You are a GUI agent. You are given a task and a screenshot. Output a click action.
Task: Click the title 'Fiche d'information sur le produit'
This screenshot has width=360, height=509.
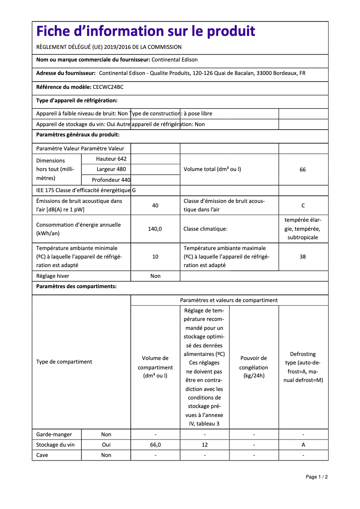(146, 31)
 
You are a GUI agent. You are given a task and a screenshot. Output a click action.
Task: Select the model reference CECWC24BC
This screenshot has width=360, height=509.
(108, 87)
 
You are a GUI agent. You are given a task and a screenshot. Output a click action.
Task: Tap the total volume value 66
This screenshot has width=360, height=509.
(303, 170)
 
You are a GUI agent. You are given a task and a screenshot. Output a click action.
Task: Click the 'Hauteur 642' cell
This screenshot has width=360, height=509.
(111, 159)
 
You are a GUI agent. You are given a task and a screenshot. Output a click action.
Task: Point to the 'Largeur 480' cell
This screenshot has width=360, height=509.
(111, 170)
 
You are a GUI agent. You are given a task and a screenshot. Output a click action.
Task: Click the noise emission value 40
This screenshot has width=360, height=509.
(155, 206)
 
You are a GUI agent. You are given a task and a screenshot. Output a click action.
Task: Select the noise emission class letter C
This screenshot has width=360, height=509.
(303, 206)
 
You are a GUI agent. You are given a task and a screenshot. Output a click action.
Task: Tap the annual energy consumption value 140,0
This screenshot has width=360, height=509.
(155, 229)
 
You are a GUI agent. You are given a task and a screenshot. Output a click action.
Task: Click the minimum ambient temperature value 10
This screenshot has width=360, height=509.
(155, 257)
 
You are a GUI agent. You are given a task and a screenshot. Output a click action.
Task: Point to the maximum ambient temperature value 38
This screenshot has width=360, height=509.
(303, 257)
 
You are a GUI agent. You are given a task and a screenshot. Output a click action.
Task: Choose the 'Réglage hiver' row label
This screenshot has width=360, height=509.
(53, 276)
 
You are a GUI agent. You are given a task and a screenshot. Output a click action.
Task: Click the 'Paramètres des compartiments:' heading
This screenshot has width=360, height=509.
(76, 286)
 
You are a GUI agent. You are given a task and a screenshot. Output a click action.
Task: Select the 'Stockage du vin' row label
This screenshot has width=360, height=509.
(56, 445)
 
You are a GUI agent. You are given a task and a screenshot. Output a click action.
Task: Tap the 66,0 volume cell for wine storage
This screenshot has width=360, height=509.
(155, 445)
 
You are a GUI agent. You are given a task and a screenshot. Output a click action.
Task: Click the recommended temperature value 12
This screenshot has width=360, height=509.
(205, 445)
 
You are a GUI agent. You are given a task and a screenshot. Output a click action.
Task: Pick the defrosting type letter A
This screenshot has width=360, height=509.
(303, 445)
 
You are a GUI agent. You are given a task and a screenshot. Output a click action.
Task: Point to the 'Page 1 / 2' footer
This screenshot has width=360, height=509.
(317, 477)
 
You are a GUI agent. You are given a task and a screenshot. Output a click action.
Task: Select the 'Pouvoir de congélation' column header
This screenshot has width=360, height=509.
(254, 367)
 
